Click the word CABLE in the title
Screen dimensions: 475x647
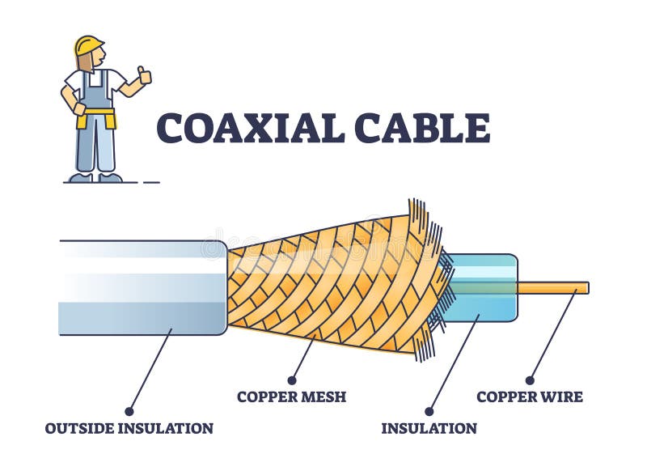(421, 128)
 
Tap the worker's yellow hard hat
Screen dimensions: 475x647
(88, 45)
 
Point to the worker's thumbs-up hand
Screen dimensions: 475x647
(144, 77)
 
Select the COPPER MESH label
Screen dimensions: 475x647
(291, 397)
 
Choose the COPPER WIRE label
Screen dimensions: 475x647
(530, 397)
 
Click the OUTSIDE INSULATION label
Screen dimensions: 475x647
(129, 428)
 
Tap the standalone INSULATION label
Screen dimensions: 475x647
(429, 428)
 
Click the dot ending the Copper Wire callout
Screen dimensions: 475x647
(530, 380)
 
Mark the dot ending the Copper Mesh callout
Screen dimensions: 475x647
(291, 380)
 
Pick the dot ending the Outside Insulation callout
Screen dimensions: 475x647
(129, 411)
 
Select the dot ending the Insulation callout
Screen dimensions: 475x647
(429, 411)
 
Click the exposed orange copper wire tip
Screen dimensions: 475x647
(558, 287)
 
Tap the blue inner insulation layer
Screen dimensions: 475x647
(485, 287)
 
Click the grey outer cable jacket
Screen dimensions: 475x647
(142, 287)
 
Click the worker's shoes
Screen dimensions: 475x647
(95, 177)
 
